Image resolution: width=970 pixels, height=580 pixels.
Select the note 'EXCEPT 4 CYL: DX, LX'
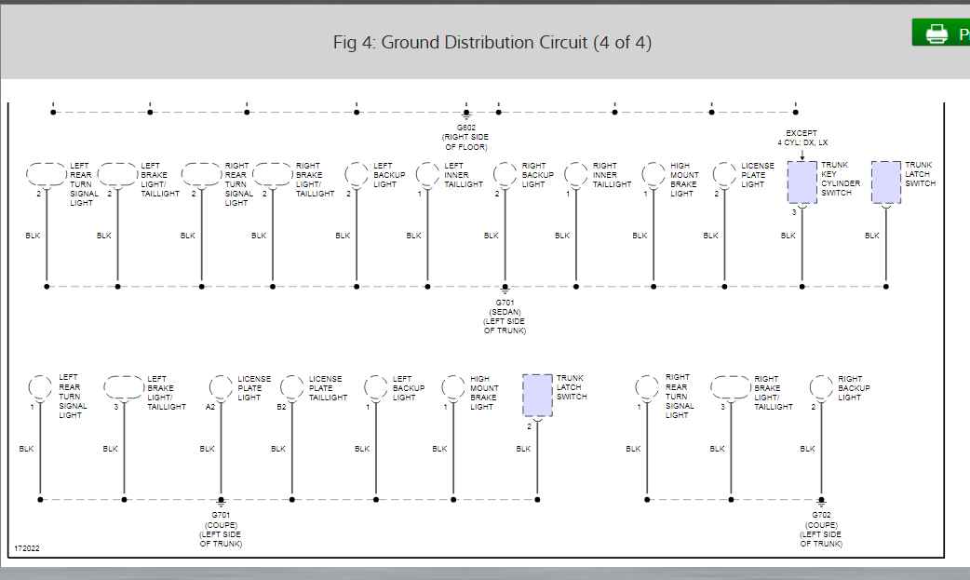[802, 138]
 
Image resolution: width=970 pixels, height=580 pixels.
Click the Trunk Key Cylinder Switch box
[802, 182]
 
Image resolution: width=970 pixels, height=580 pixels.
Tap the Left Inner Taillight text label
[463, 175]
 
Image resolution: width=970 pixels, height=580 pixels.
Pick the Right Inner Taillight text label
[612, 175]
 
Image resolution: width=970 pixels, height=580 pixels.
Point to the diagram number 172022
[27, 548]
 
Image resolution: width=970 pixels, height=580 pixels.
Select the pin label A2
[210, 407]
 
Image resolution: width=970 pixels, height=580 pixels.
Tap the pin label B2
[281, 407]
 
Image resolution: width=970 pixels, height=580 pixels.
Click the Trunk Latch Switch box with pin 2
[537, 396]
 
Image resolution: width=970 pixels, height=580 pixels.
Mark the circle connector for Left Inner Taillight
[427, 174]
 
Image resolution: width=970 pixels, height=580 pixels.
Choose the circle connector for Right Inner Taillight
[576, 174]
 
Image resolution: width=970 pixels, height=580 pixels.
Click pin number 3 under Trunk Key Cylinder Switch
[794, 213]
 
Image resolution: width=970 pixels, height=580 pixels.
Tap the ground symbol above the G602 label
[465, 115]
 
